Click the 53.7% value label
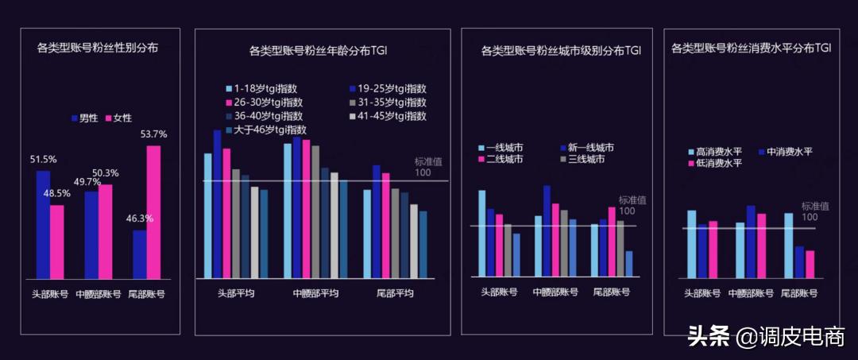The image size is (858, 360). click(153, 134)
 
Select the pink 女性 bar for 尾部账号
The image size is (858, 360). click(153, 212)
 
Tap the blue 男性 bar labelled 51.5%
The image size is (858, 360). click(43, 225)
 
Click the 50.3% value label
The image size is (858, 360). click(106, 173)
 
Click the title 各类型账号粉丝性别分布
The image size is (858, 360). click(98, 48)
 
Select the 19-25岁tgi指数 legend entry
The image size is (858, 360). click(387, 89)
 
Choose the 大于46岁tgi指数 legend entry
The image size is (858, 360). click(265, 130)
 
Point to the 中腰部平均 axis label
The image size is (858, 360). click(316, 292)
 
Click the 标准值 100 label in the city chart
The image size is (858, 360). click(628, 205)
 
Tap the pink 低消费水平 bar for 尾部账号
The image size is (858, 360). click(810, 264)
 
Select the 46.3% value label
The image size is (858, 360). click(140, 219)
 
